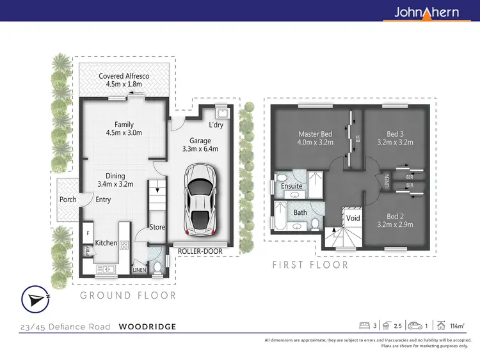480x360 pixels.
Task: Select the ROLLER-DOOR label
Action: coord(200,251)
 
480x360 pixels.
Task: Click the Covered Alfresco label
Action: coord(124,81)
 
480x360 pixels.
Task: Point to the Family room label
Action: coord(124,129)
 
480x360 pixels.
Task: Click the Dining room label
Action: coord(115,180)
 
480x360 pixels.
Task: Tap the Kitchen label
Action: coord(106,242)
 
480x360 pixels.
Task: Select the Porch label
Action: coord(68,200)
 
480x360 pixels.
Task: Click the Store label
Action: coord(157,226)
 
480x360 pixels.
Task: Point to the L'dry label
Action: coord(215,125)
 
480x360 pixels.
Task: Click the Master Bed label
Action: coord(316,138)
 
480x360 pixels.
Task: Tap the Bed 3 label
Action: coord(395,138)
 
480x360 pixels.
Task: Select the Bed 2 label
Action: coord(395,220)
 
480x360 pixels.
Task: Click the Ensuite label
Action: coord(291,186)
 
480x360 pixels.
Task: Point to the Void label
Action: coord(353,218)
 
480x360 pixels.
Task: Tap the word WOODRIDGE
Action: coord(147,327)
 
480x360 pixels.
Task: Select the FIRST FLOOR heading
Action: coord(310,265)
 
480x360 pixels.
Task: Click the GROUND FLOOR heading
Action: coord(128,295)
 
